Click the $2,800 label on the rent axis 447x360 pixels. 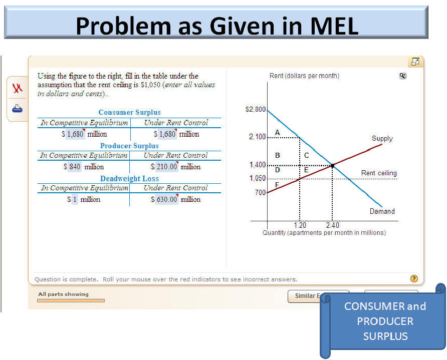(256, 109)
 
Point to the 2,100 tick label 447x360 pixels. (257, 137)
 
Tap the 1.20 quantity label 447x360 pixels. (300, 225)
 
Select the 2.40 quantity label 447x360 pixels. (333, 225)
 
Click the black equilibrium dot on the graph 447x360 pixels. (332, 165)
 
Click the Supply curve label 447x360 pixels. (382, 138)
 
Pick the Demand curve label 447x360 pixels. (382, 211)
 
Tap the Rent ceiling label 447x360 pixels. (379, 173)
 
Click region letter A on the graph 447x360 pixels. (278, 133)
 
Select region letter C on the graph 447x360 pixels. (307, 155)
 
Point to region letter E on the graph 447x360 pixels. (306, 170)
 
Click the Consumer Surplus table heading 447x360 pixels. (129, 112)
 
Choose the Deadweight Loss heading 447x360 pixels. (129, 179)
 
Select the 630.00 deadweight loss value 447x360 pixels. (167, 199)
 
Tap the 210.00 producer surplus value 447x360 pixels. (167, 167)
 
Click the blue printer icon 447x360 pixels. (17, 109)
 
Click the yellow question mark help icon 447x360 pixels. (414, 278)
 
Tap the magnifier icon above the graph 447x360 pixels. (402, 76)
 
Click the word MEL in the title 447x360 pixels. (334, 26)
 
